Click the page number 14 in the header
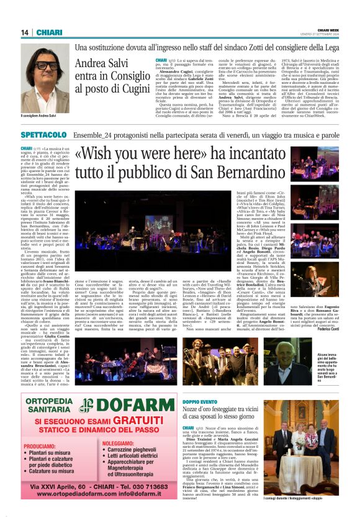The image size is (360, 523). click(x=25, y=32)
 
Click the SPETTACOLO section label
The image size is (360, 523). click(x=43, y=135)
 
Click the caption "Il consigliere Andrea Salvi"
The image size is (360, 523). click(x=38, y=116)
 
